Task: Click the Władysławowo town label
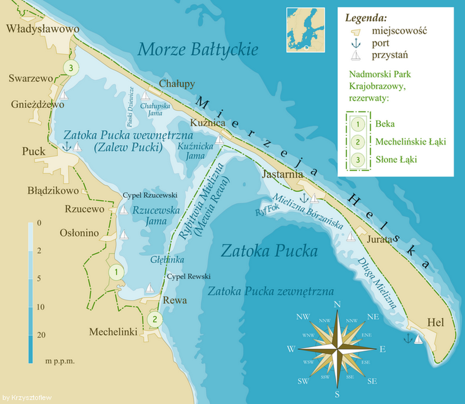(x=43, y=29)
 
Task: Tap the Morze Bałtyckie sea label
(x=198, y=50)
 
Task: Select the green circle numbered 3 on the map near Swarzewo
(x=71, y=68)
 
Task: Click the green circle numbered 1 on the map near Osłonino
(x=116, y=272)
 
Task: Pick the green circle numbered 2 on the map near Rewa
(x=155, y=319)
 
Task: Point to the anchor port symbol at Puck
(x=67, y=147)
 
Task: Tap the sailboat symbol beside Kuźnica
(x=220, y=140)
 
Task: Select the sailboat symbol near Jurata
(x=351, y=236)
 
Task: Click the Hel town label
(x=436, y=322)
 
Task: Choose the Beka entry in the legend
(x=385, y=124)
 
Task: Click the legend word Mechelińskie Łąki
(x=410, y=142)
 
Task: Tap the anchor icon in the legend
(x=356, y=43)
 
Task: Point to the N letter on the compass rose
(x=337, y=304)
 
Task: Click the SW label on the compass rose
(x=303, y=381)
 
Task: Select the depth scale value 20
(x=41, y=335)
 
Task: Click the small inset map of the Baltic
(x=305, y=30)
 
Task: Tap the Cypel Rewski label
(x=189, y=277)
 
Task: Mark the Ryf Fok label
(x=267, y=210)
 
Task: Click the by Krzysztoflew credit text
(x=27, y=398)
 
